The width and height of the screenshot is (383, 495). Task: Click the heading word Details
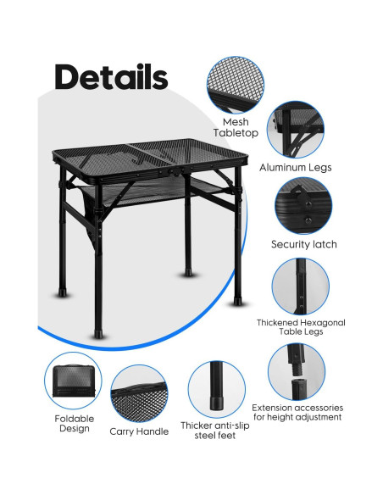click(111, 76)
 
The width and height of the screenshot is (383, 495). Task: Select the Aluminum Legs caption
click(295, 168)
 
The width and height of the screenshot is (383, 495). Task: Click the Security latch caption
click(303, 244)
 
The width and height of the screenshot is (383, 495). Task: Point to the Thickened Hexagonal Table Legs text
click(301, 328)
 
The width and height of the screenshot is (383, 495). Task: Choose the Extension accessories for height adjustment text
click(297, 412)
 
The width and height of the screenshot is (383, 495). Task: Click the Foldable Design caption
click(75, 423)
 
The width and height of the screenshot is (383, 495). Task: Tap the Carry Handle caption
click(139, 431)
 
